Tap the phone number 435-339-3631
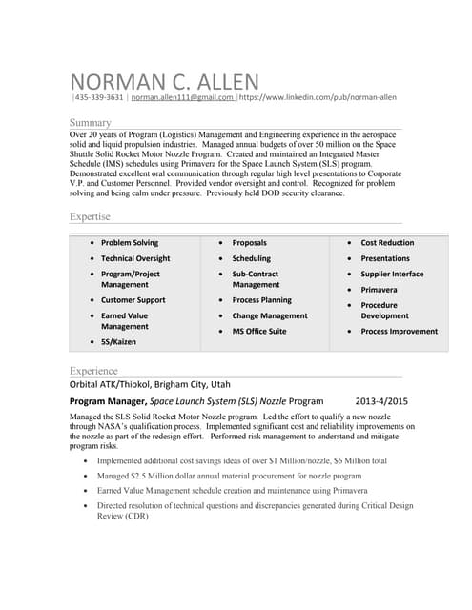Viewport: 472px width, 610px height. click(99, 97)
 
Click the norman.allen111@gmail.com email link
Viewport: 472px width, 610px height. click(182, 97)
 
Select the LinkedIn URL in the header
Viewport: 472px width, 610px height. click(318, 97)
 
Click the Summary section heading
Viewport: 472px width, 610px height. click(91, 122)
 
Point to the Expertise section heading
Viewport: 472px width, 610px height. click(90, 216)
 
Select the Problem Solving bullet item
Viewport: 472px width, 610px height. click(130, 243)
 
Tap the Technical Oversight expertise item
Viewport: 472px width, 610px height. click(135, 258)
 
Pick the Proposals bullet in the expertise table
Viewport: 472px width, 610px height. click(249, 243)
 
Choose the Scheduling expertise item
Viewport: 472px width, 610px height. click(251, 258)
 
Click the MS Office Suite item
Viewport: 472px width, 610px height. click(259, 331)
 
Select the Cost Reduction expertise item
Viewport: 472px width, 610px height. click(387, 243)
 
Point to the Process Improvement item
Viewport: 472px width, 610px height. click(400, 331)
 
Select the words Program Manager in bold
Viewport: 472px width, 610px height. click(107, 401)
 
